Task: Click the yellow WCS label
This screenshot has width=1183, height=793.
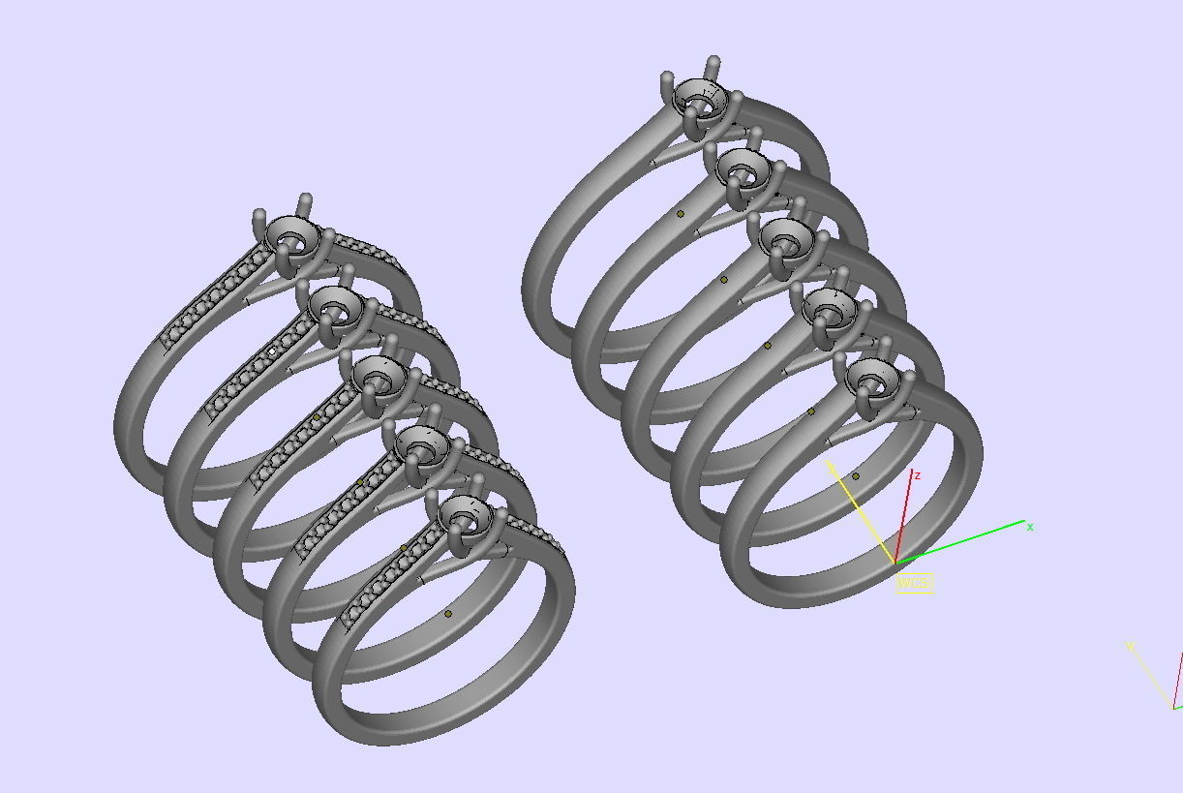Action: (x=914, y=583)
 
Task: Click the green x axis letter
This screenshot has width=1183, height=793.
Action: (x=1030, y=527)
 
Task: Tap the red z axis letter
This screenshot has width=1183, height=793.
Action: (x=917, y=475)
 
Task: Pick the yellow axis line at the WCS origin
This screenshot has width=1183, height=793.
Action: (x=862, y=513)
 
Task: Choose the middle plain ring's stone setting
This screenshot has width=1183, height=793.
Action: (x=786, y=237)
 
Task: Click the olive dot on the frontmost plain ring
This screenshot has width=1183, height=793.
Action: (x=856, y=476)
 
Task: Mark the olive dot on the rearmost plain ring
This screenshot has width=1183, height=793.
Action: (x=681, y=214)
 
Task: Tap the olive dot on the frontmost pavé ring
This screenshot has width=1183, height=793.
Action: (x=448, y=614)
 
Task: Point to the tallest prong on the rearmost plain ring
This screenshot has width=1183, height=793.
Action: (x=714, y=66)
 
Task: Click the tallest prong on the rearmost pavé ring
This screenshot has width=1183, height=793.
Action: (x=306, y=202)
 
